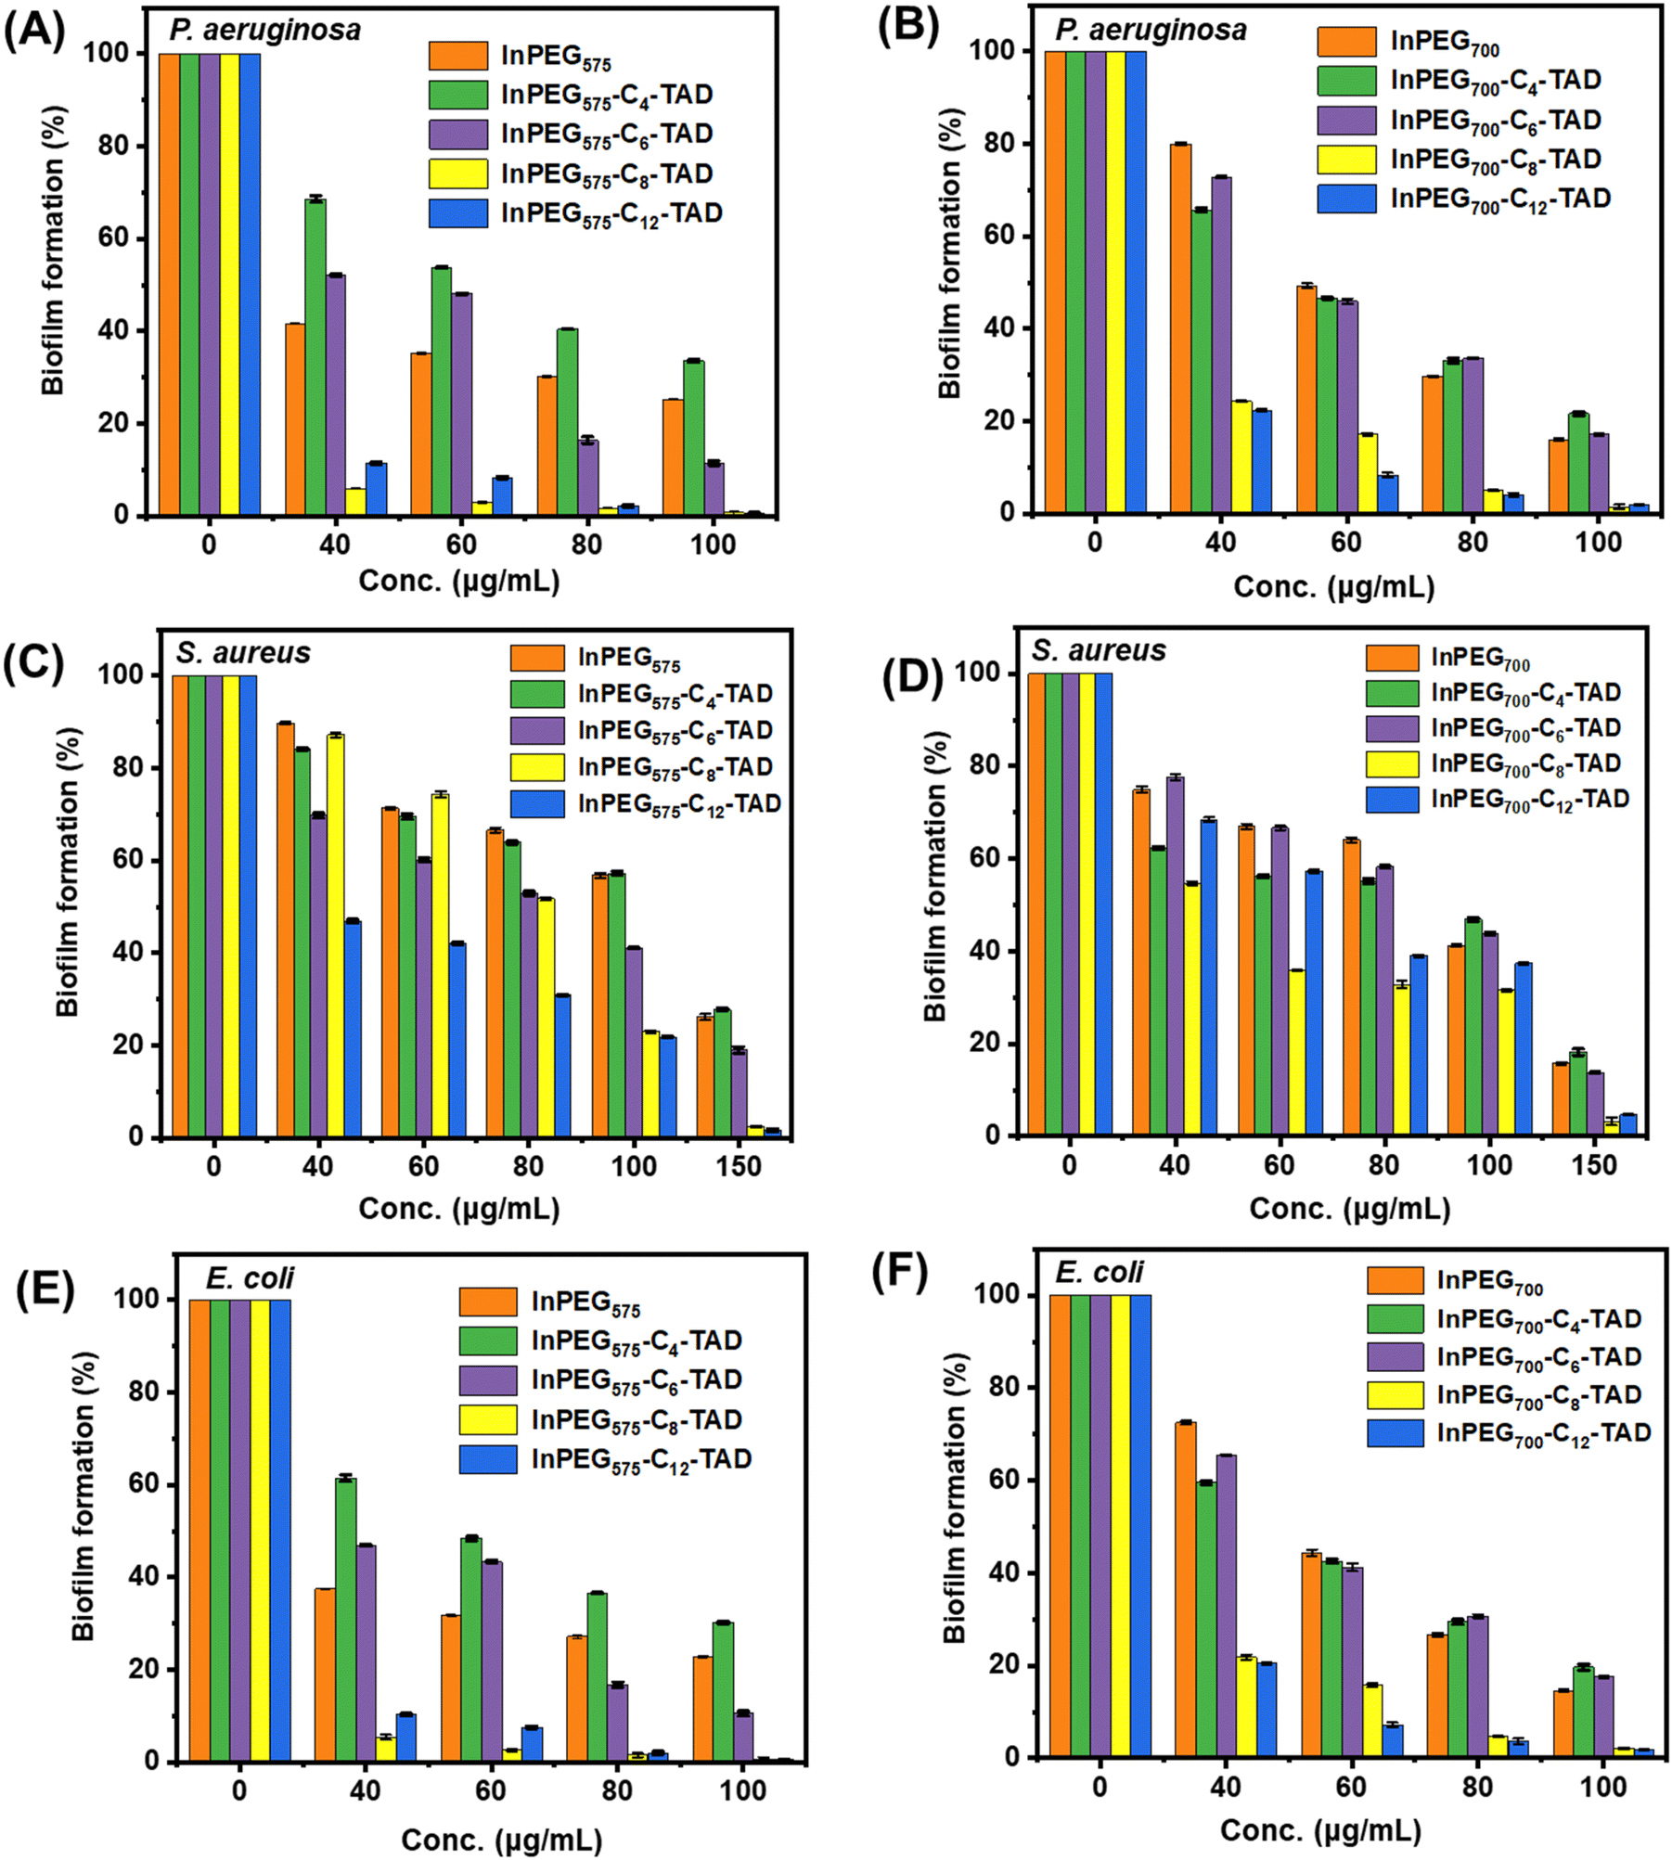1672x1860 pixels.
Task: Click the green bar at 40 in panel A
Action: (x=315, y=357)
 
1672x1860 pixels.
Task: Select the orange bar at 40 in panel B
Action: (x=1180, y=328)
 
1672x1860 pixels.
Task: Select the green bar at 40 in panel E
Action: (x=345, y=1619)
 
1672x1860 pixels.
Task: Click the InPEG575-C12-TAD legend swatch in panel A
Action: (x=457, y=213)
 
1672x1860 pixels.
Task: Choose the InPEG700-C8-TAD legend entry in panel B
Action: (x=1495, y=160)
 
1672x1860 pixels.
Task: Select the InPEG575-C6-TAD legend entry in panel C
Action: (x=675, y=731)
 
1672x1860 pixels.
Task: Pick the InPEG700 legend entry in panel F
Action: (x=1489, y=1280)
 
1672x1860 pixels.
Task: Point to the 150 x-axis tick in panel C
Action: (x=739, y=1165)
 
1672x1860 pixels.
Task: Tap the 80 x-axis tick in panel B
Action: (x=1473, y=542)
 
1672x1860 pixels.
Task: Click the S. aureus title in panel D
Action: (x=1098, y=651)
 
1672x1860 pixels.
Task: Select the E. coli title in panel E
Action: (x=250, y=1278)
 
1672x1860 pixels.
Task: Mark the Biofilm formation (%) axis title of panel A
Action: (x=53, y=250)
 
